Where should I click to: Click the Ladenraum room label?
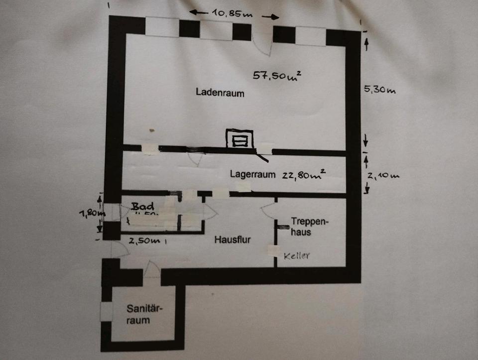pos(220,92)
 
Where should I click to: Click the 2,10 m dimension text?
pos(383,175)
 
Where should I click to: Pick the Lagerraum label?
pos(252,174)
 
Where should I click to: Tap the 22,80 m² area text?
pos(303,174)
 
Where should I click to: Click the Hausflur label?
pos(233,240)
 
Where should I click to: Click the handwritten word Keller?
pos(297,256)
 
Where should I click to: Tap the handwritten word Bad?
pos(142,205)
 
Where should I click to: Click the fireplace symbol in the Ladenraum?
pos(239,138)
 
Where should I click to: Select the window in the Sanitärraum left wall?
pos(106,311)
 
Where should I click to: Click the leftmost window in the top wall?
pos(162,27)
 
